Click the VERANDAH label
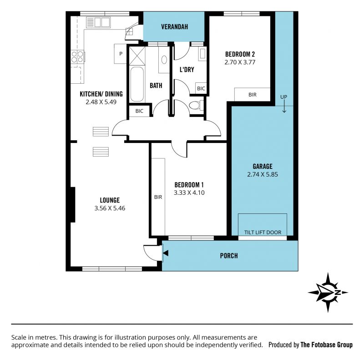174,27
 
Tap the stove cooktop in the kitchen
77,57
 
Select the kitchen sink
98,22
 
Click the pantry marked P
120,54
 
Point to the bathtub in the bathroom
137,85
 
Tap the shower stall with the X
137,56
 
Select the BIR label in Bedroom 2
253,95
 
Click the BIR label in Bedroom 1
158,197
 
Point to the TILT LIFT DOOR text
263,232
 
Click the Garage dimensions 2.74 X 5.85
263,174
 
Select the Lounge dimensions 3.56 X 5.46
110,208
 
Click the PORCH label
229,256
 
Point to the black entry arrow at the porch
166,253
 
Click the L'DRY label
187,70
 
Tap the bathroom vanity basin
164,60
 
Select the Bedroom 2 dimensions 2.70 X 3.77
240,62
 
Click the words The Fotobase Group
326,345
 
